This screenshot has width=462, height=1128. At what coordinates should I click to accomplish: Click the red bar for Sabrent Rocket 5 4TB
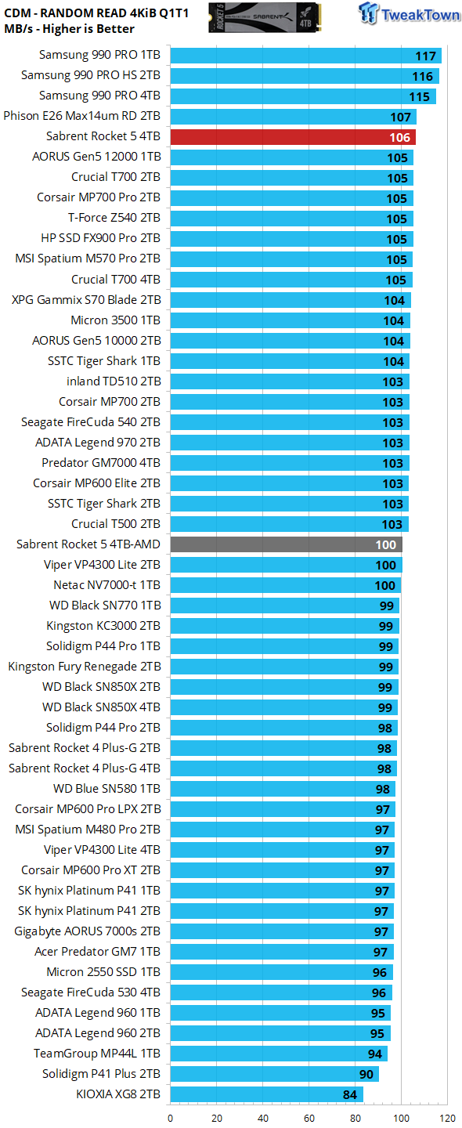tap(292, 137)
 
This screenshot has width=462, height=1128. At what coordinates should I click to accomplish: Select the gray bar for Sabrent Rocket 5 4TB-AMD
tap(285, 544)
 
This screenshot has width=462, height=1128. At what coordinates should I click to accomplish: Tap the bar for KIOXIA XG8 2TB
tap(266, 1094)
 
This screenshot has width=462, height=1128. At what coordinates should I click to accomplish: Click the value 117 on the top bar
tap(425, 56)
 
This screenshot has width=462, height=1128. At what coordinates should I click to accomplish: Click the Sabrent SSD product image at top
tap(266, 17)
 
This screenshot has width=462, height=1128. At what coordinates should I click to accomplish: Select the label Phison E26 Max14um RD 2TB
tap(82, 116)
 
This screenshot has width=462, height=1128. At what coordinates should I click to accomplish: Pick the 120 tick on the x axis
tap(448, 1118)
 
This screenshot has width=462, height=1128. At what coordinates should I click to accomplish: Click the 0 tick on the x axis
tap(171, 1118)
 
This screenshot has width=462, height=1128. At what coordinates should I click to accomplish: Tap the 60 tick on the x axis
tap(309, 1118)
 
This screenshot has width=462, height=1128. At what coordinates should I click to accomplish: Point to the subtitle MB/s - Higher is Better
tap(69, 29)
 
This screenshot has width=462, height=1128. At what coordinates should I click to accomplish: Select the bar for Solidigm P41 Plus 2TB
tap(274, 1074)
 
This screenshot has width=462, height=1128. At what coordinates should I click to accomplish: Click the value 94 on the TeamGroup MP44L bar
tap(375, 1054)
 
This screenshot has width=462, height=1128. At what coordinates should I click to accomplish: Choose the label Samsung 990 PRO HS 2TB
tap(91, 75)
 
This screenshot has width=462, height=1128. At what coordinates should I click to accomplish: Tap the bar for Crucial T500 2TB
tap(289, 524)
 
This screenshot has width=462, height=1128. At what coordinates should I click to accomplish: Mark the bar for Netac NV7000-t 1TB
tap(285, 585)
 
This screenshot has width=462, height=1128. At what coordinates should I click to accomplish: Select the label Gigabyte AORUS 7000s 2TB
tap(88, 931)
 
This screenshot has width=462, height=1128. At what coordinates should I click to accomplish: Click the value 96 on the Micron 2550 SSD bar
tap(379, 972)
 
